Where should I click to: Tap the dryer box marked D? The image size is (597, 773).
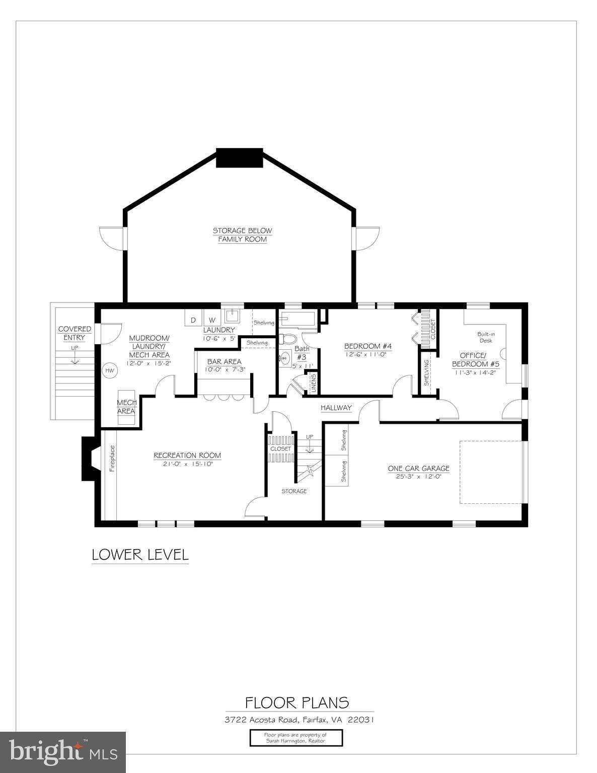pyautogui.click(x=193, y=320)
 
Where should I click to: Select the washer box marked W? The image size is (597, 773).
pyautogui.click(x=211, y=320)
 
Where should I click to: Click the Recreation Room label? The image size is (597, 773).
pyautogui.click(x=187, y=455)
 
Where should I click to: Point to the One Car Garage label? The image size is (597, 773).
pyautogui.click(x=418, y=469)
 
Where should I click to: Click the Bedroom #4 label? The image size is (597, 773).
pyautogui.click(x=367, y=346)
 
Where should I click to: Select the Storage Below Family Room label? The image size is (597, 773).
pyautogui.click(x=242, y=235)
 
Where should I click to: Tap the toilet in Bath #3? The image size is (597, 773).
pyautogui.click(x=288, y=338)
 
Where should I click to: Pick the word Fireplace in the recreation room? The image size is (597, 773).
pyautogui.click(x=112, y=458)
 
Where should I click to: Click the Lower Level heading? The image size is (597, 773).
pyautogui.click(x=140, y=555)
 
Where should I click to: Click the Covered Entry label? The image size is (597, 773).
pyautogui.click(x=74, y=333)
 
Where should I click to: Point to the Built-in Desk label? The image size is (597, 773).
pyautogui.click(x=486, y=337)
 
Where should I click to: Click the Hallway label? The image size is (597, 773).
pyautogui.click(x=336, y=408)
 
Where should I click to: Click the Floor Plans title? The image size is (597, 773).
pyautogui.click(x=297, y=702)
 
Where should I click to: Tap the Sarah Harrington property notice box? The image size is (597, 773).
pyautogui.click(x=296, y=738)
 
